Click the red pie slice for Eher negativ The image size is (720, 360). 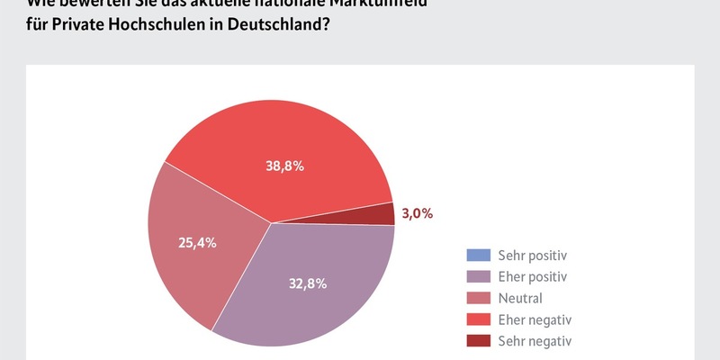pos(270,135)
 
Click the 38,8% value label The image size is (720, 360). pos(284,166)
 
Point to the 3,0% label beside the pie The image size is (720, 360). pos(417,213)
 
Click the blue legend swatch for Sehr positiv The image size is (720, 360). pos(479,255)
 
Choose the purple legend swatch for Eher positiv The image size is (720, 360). pos(479,276)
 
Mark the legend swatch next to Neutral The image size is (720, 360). pos(479,298)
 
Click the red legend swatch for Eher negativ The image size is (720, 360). pos(479,319)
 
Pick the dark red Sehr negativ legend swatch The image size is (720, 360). pos(479,341)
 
